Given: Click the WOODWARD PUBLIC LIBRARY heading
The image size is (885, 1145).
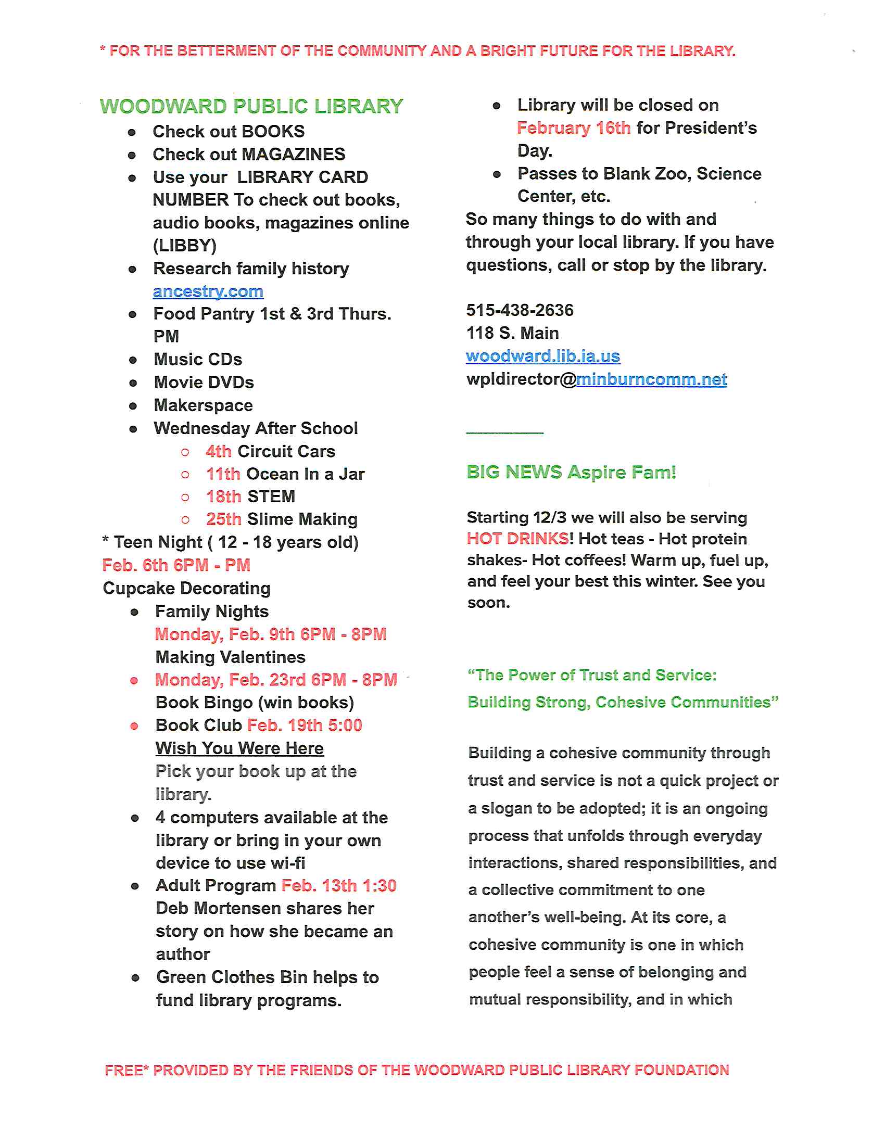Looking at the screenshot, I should tap(251, 106).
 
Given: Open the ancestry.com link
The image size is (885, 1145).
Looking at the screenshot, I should tap(208, 291).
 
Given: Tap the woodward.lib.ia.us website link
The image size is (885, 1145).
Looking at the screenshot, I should tap(542, 356).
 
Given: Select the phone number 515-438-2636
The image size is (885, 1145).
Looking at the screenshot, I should tap(520, 310).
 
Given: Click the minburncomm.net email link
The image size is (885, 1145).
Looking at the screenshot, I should tap(651, 379).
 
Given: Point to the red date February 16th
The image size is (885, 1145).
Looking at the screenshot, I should tap(574, 128).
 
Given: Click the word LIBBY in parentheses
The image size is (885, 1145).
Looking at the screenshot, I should tap(185, 245).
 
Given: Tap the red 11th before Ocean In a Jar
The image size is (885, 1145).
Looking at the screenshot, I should tap(223, 474).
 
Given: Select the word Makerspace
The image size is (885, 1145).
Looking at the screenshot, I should tap(204, 405).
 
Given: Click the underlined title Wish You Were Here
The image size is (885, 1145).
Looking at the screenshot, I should tap(239, 748).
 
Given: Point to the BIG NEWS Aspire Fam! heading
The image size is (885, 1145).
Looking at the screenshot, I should tap(571, 473).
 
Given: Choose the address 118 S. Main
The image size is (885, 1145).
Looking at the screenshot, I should tap(512, 333).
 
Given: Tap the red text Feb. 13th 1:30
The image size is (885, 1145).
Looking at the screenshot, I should tap(339, 885).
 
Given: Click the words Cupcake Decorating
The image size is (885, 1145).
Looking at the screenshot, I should tap(187, 588).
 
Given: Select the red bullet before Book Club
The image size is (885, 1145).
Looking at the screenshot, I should tap(134, 726).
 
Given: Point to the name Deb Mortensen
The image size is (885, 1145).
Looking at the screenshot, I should tap(212, 908).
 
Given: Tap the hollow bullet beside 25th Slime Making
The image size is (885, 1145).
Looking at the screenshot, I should tap(185, 520).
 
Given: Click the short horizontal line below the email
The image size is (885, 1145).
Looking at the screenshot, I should tap(504, 433).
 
